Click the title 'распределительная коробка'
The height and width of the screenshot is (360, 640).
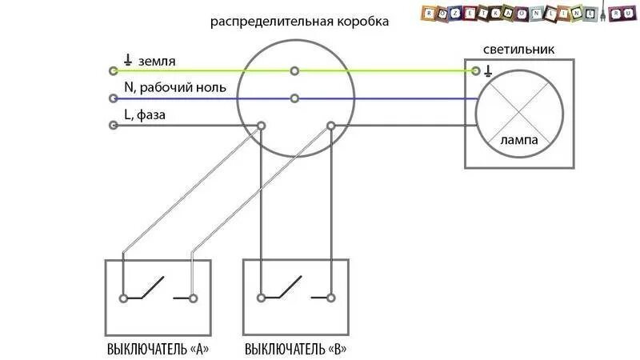coord(300,22)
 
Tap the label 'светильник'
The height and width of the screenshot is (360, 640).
coord(521,50)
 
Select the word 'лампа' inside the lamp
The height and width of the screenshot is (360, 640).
coord(518,139)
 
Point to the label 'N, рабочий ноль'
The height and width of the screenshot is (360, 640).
coord(175,87)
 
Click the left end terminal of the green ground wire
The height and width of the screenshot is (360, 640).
coord(114,71)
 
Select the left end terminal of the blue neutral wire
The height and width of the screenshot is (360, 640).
coord(114,98)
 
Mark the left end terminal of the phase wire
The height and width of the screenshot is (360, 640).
coord(114,126)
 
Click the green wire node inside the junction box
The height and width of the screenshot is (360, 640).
coord(295,71)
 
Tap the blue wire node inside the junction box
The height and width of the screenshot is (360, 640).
coord(295,98)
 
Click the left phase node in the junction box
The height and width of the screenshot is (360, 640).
coord(261,126)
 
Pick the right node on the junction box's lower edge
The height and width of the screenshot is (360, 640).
coord(330,126)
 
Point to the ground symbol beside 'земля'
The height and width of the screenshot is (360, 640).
coord(128,60)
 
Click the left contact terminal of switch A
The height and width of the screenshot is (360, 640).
coord(123,298)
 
